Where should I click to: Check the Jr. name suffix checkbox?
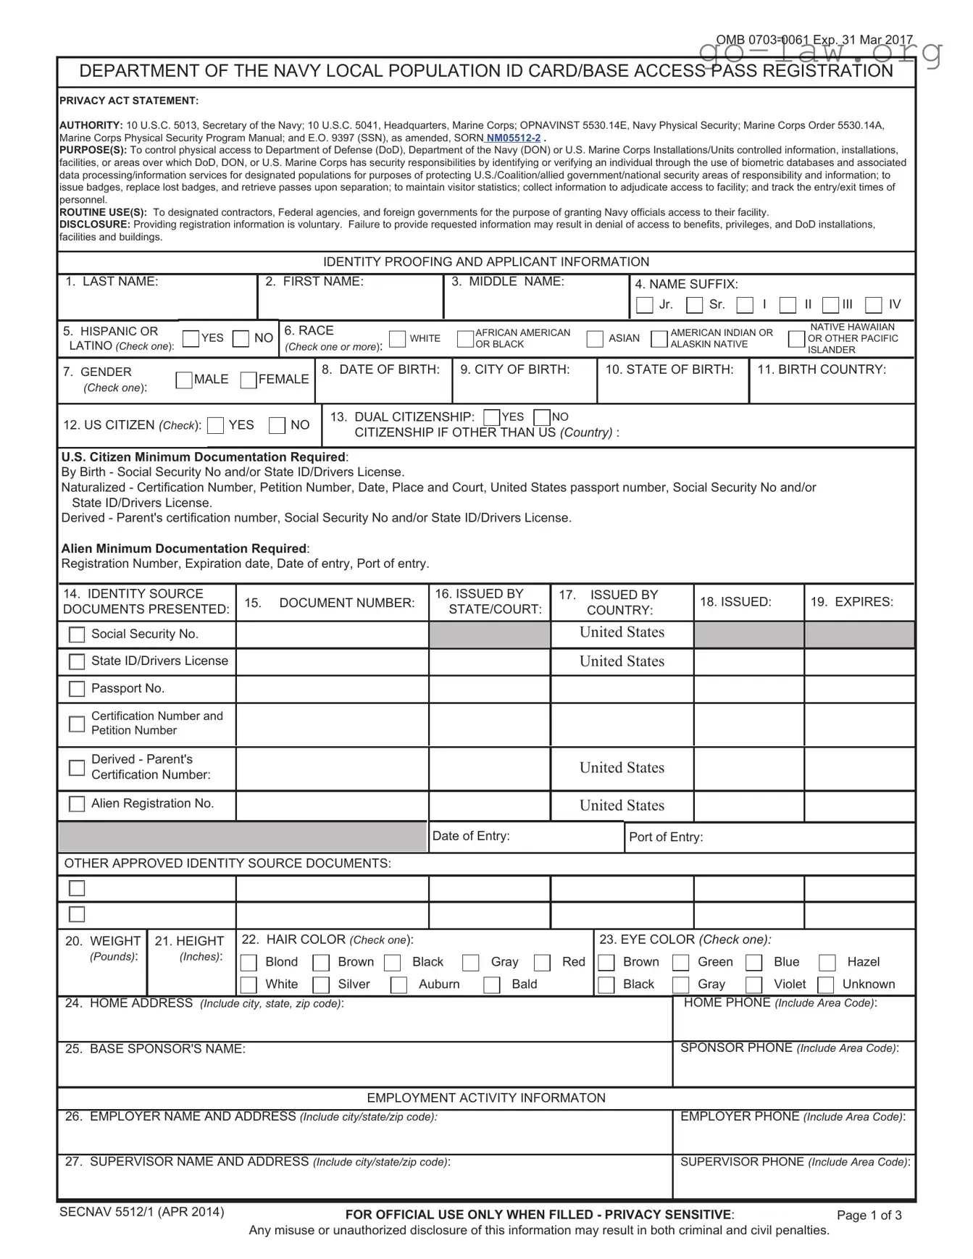[x=644, y=305]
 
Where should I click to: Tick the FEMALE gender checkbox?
[x=249, y=380]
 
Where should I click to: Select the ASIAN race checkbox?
[x=595, y=339]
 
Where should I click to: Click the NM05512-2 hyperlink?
[x=513, y=138]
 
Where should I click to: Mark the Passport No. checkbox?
[x=77, y=689]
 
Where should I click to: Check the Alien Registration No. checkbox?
[x=77, y=804]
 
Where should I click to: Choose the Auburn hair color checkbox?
[x=398, y=985]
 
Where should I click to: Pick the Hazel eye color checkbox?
[x=827, y=963]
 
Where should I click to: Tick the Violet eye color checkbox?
[x=754, y=985]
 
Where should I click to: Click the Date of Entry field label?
[x=471, y=836]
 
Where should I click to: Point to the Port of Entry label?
[x=665, y=837]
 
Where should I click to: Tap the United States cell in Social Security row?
[x=622, y=632]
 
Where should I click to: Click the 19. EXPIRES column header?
[x=851, y=602]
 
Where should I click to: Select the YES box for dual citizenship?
[x=491, y=418]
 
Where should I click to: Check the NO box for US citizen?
[x=277, y=426]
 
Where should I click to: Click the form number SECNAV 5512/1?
[x=141, y=1212]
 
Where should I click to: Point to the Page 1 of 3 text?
[x=869, y=1215]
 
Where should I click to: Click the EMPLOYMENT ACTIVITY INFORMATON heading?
[x=485, y=1097]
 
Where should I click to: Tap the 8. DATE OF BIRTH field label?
[x=380, y=369]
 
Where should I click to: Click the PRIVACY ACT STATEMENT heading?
[x=128, y=101]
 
